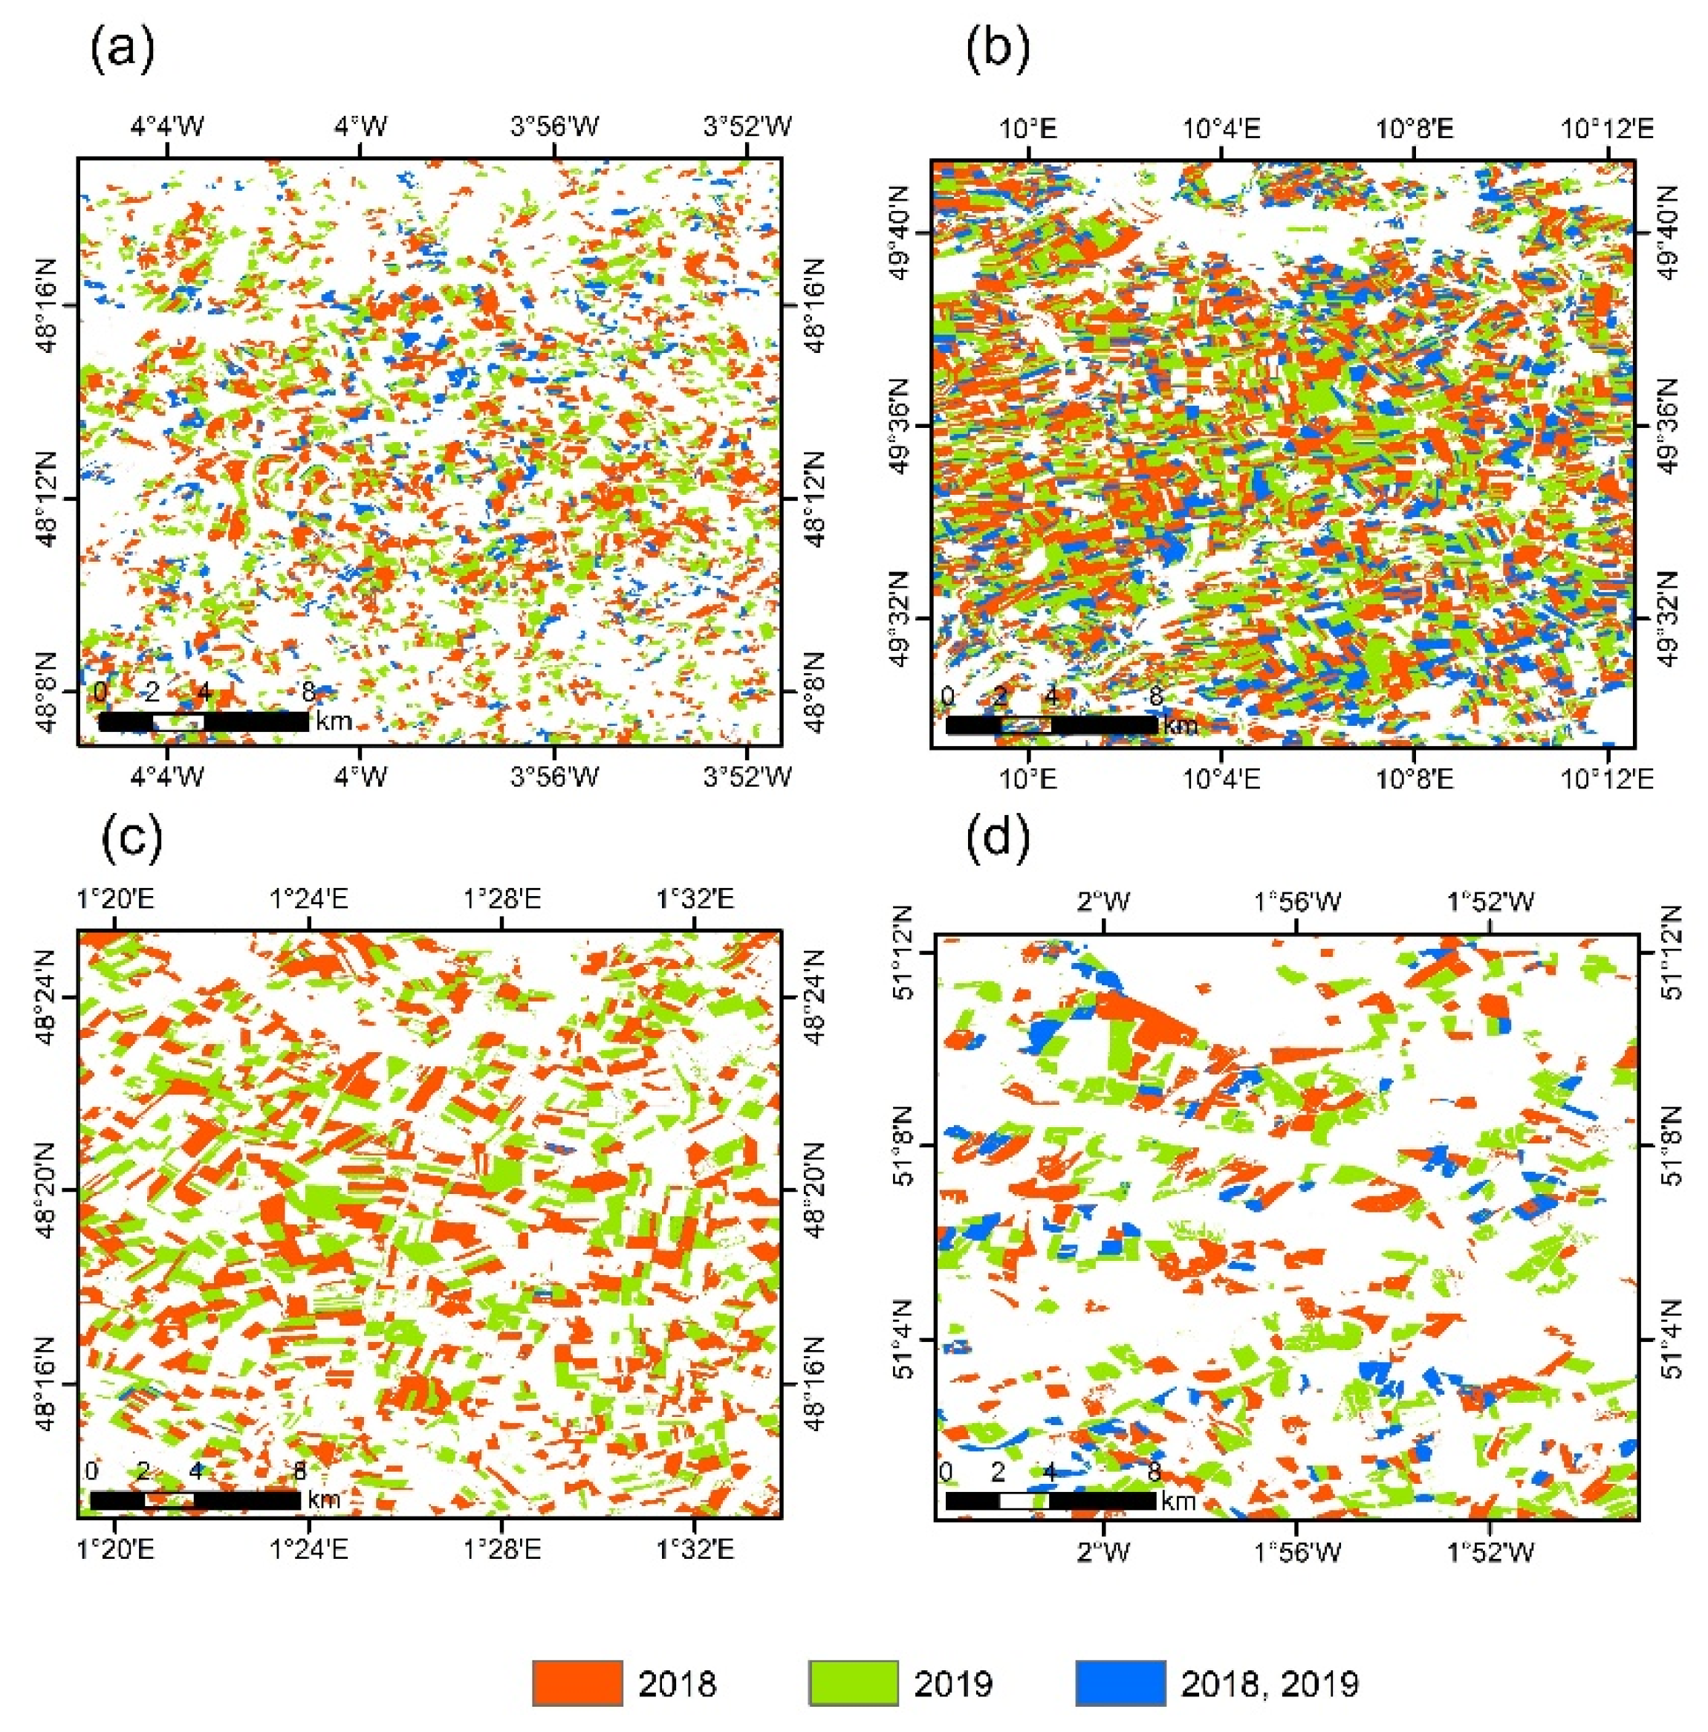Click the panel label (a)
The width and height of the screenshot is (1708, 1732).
click(122, 51)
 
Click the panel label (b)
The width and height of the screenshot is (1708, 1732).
click(997, 51)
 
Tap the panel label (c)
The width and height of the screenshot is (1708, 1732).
click(131, 839)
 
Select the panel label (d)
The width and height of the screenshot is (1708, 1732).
click(997, 839)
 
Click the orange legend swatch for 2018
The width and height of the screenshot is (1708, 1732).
click(577, 1681)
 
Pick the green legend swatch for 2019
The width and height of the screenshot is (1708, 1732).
click(853, 1681)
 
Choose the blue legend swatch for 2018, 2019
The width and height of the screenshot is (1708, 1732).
click(1121, 1681)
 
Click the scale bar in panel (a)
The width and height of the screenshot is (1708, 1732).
click(204, 721)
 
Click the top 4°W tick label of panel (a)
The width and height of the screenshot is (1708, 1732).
click(360, 126)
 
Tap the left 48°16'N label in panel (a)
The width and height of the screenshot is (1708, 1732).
click(47, 305)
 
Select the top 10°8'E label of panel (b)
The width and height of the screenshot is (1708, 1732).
click(1415, 129)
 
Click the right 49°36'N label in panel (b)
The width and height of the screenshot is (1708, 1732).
click(1668, 426)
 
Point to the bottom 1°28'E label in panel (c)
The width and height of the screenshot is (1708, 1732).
click(501, 1549)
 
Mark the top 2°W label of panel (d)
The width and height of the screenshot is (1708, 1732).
click(1104, 900)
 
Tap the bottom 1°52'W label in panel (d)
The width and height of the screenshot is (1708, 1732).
click(1490, 1551)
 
